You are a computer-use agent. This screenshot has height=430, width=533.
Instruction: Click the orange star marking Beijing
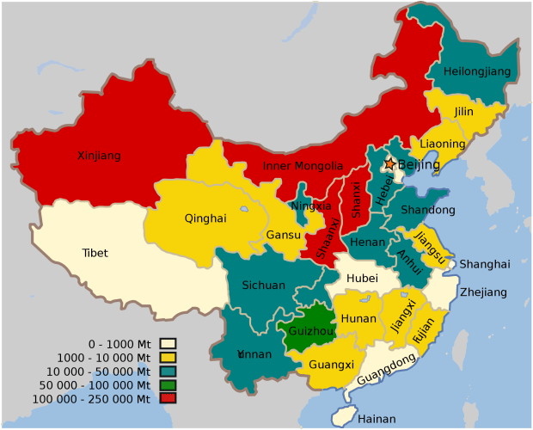click(x=389, y=163)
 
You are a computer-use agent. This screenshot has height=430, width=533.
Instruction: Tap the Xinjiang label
click(x=99, y=156)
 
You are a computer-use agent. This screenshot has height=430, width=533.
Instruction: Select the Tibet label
click(x=95, y=253)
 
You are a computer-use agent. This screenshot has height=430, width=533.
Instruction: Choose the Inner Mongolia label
click(x=303, y=166)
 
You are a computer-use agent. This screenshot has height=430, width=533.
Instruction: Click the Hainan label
click(x=376, y=419)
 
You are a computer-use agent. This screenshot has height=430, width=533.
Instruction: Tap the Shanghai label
click(x=484, y=264)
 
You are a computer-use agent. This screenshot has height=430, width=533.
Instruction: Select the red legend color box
click(x=168, y=398)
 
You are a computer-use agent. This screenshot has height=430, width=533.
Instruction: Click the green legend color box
click(x=168, y=384)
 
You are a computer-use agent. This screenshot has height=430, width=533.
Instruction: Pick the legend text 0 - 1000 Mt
click(x=119, y=343)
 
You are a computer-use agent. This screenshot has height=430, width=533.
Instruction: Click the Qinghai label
click(x=205, y=218)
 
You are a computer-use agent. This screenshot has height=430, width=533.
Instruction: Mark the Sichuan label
click(x=263, y=285)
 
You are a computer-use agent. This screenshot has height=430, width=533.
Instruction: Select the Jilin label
click(x=463, y=112)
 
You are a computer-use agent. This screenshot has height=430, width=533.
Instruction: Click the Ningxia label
click(x=310, y=206)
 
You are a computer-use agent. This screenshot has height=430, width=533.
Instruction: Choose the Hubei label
click(x=362, y=279)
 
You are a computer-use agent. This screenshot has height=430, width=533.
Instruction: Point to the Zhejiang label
click(x=483, y=292)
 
